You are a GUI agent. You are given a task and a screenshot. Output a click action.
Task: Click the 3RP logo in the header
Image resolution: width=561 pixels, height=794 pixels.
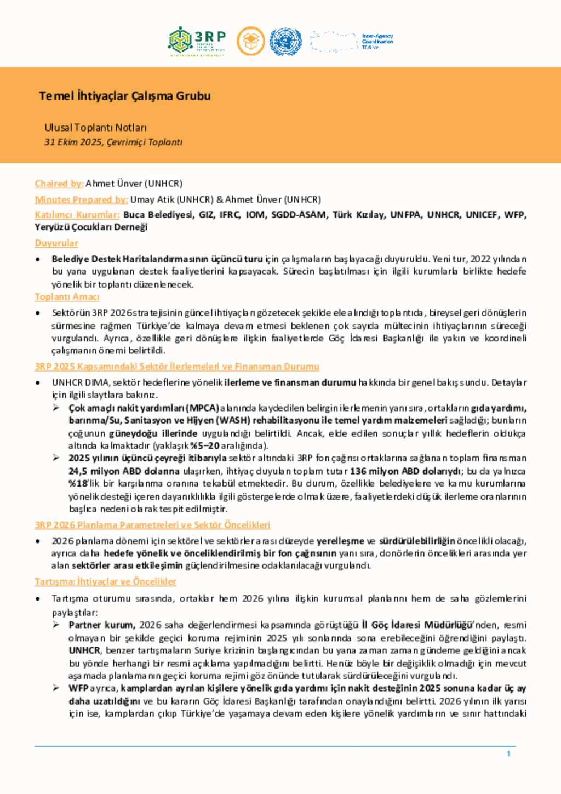(x=197, y=41)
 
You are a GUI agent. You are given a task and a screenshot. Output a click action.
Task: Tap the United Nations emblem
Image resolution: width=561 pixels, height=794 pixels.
(x=285, y=42)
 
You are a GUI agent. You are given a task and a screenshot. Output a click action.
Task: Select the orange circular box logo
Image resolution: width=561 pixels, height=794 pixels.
(x=250, y=42)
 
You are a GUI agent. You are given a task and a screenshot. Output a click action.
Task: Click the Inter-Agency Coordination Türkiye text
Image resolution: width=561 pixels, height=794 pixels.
(x=377, y=42)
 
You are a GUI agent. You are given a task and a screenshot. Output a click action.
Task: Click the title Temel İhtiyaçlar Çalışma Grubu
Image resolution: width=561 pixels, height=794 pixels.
(x=125, y=96)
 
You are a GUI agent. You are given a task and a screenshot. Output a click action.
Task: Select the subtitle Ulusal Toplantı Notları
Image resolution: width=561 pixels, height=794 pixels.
(x=95, y=128)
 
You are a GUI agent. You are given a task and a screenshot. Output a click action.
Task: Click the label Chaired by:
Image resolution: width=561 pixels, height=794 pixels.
(x=59, y=184)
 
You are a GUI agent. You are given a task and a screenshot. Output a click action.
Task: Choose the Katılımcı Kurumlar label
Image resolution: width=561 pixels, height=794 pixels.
(x=77, y=215)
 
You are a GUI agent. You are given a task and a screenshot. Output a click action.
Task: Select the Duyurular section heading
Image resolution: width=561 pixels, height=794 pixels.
(x=56, y=243)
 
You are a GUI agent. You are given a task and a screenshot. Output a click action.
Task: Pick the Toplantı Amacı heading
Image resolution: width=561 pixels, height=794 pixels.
(x=67, y=296)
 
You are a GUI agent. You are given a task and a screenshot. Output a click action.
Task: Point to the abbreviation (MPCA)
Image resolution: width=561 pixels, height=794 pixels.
(x=202, y=408)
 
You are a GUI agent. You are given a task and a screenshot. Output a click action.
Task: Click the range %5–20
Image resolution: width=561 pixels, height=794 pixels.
(x=205, y=445)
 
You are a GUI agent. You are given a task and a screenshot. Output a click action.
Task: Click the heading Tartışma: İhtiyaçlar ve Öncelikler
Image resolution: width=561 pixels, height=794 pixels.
(x=105, y=581)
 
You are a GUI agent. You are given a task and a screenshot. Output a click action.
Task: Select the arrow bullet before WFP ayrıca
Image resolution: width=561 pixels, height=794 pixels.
(x=56, y=688)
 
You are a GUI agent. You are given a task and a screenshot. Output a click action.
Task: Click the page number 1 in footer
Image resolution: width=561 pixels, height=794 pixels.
(x=508, y=754)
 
